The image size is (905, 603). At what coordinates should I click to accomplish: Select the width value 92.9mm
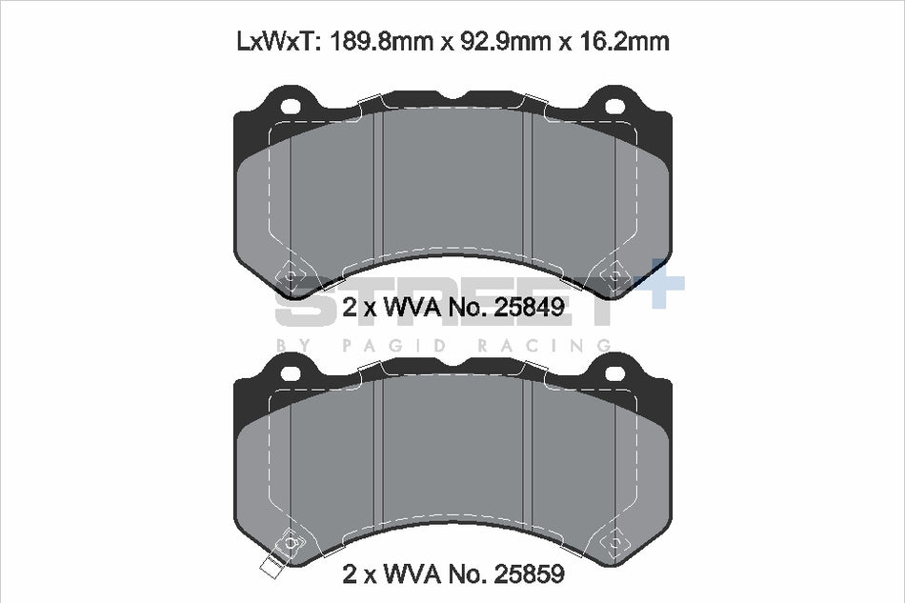click(503, 42)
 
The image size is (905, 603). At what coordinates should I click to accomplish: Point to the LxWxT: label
click(278, 42)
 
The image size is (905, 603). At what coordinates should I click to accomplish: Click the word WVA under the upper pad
click(412, 307)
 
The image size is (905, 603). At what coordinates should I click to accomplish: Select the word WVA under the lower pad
click(412, 573)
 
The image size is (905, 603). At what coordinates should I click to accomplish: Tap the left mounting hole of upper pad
click(291, 106)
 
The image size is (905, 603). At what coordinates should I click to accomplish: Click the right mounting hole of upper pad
click(614, 106)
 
